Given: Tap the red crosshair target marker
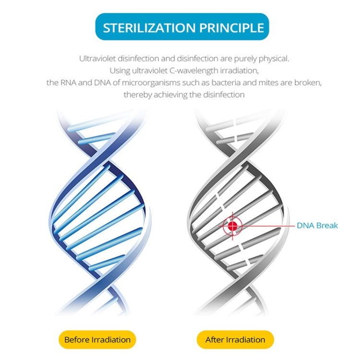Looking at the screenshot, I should coord(233,225).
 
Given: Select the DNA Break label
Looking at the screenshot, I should coord(317,225).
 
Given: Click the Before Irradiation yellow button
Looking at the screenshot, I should coord(97,339).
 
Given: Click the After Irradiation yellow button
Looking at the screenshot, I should coord(235,339).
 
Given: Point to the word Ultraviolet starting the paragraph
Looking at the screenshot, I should coord(99,59).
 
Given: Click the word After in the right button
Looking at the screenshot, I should coord(215,339).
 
